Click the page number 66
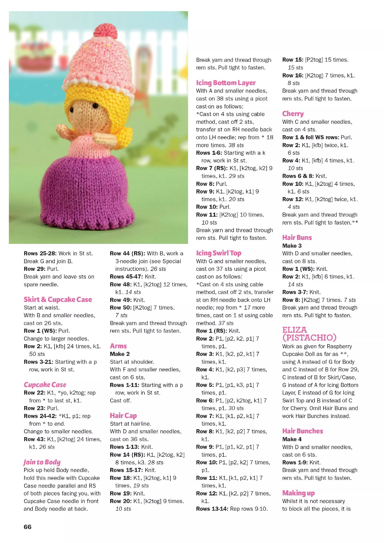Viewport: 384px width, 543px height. [27, 527]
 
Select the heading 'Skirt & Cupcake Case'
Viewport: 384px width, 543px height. [58, 299]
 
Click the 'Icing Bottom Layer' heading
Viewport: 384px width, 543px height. [226, 83]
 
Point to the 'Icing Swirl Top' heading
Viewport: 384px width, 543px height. [219, 253]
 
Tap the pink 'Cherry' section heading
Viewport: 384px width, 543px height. [293, 114]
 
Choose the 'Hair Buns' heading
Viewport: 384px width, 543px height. [297, 238]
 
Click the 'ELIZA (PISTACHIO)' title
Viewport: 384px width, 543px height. [309, 334]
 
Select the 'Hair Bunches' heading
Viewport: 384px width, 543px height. [303, 431]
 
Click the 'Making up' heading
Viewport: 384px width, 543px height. [298, 493]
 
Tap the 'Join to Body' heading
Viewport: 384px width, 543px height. [42, 462]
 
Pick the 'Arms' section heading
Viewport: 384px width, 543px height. [118, 346]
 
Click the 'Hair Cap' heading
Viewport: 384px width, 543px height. [123, 416]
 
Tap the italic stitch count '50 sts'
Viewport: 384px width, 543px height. [37, 354]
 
